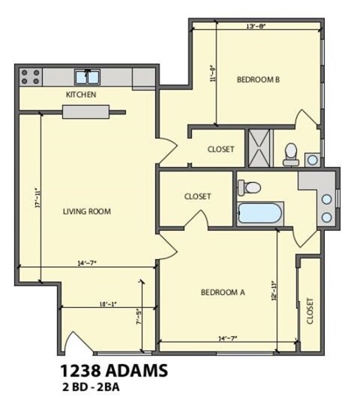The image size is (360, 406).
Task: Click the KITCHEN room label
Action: coord(81,94)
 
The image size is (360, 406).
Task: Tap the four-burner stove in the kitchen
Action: coord(30,76)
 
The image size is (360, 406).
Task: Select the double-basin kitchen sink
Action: coord(88,76)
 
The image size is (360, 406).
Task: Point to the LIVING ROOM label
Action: coord(86,211)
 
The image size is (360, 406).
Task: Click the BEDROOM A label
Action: coord(223,292)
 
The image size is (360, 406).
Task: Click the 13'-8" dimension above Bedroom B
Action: coord(256,26)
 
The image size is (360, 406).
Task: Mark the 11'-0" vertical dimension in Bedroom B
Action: coord(214,73)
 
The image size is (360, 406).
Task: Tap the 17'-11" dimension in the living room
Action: coord(35,198)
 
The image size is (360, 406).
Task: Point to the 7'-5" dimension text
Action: coord(139,318)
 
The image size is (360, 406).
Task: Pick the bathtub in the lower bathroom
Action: coord(259,213)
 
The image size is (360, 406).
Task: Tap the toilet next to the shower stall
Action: coord(291,154)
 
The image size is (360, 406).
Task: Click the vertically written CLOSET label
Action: coord(309,311)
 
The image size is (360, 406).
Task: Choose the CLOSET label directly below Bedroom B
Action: coord(220,149)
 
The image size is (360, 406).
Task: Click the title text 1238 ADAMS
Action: coord(113,371)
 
